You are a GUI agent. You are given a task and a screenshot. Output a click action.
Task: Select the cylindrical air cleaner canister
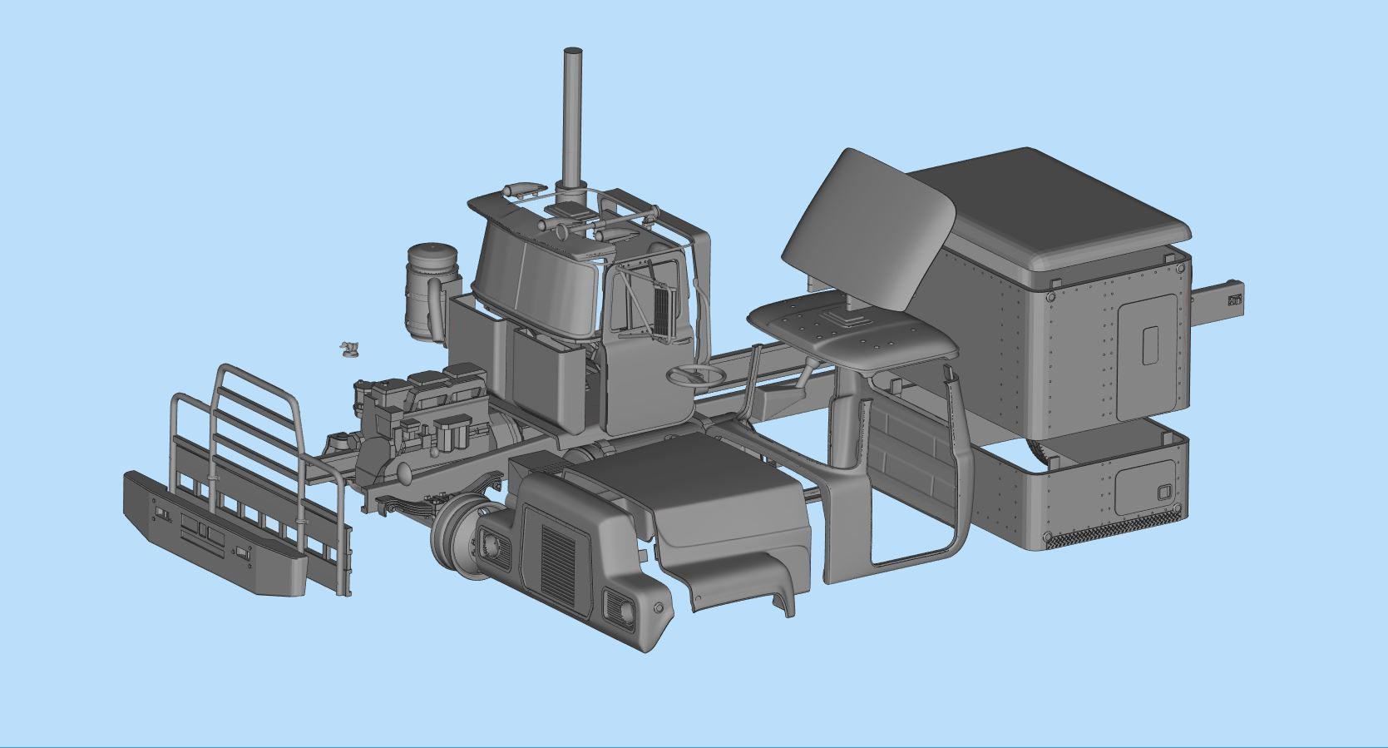pyautogui.click(x=429, y=287)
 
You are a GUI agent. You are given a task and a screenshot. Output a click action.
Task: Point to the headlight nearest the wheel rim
pyautogui.click(x=496, y=550)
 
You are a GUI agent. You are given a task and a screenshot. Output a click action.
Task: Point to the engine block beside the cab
pyautogui.click(x=420, y=416)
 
